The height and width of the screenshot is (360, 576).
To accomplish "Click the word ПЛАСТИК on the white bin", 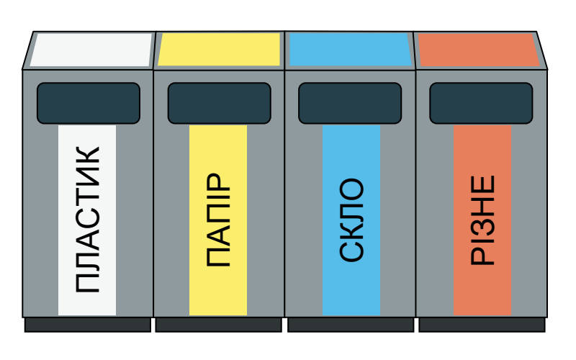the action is tap(87, 220).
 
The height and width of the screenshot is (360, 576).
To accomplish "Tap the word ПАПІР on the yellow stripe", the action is tap(218, 220).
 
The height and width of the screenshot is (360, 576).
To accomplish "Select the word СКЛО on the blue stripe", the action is tap(351, 220).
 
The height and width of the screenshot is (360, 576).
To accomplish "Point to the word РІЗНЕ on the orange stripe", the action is tap(482, 220).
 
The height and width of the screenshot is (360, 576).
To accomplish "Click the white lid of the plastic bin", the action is tap(91, 50).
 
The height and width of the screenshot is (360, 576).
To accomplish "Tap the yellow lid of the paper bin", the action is tap(220, 50).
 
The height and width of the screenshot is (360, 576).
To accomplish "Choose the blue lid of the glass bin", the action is tap(351, 50).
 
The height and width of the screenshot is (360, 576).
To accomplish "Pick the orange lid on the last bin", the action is tap(479, 50).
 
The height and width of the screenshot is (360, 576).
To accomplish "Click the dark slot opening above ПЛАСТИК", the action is tap(89, 103).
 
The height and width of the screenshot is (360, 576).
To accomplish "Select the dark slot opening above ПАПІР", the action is tap(220, 103).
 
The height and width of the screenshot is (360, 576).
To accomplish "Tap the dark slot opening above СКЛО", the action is tap(350, 103).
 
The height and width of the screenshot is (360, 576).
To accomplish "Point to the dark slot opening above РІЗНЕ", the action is tap(481, 103).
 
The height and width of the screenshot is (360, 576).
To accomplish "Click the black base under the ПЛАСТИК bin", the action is tap(88, 325).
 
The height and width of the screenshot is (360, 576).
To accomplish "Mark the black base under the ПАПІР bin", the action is tap(219, 325).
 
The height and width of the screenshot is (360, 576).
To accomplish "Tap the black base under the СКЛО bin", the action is tap(351, 325).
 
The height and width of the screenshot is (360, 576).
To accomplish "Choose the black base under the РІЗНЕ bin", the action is tap(482, 325).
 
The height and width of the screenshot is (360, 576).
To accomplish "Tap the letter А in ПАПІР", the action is tap(218, 235).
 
